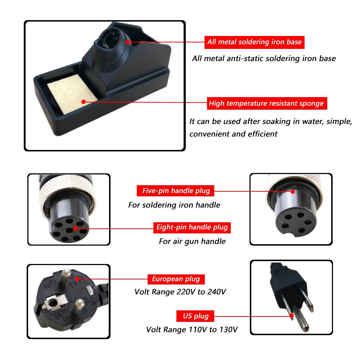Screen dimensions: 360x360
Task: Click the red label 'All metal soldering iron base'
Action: tap(254, 42)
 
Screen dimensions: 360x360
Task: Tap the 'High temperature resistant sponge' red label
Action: tap(267, 103)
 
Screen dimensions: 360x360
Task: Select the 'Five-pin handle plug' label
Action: tap(175, 191)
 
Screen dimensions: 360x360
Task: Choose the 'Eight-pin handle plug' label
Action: tap(192, 228)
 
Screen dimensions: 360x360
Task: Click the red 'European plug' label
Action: tap(176, 279)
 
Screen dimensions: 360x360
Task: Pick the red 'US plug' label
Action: tap(195, 316)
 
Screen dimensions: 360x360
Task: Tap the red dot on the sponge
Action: tap(84, 102)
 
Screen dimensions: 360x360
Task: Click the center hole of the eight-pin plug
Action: tap(69, 230)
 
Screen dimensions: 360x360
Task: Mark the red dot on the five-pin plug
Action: tap(293, 191)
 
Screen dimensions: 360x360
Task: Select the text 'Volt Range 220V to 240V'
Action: tap(180, 292)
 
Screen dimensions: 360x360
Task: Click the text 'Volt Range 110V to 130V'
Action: tap(192, 330)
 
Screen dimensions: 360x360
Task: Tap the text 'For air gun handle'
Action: tap(192, 241)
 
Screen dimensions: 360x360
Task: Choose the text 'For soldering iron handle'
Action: tap(174, 205)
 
